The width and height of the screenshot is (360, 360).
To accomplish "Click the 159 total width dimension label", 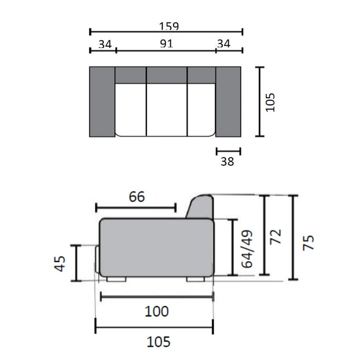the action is click(169, 26).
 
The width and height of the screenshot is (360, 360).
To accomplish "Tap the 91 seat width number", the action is click(166, 44).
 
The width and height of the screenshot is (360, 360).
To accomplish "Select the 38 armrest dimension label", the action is click(227, 161).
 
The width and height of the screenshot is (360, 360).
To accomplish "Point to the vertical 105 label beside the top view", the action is click(270, 102).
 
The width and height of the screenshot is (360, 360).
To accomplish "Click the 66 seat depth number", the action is click(137, 197).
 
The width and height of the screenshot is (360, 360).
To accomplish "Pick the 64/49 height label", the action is click(247, 249).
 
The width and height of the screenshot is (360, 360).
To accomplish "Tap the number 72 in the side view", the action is click(275, 237).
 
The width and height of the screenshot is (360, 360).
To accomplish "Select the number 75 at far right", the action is click(308, 242).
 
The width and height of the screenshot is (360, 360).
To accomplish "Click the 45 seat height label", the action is click(60, 263).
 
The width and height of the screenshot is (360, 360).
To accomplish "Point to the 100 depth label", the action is click(157, 311).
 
